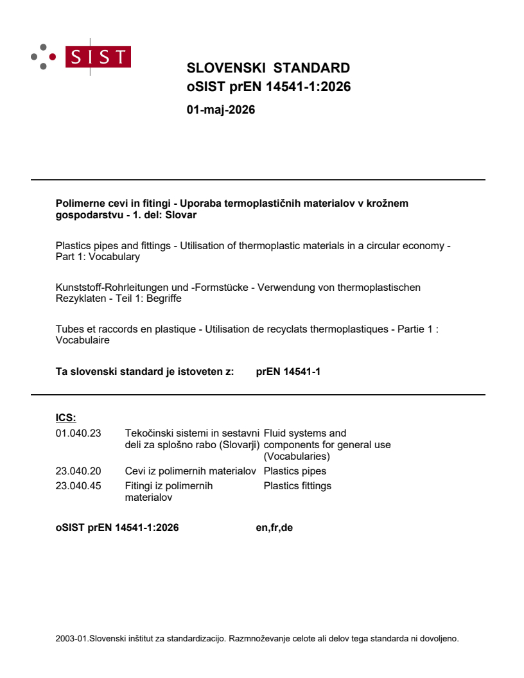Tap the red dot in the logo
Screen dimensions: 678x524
coord(52,57)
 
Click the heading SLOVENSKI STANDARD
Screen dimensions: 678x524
coord(268,68)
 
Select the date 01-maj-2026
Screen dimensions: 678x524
coord(220,110)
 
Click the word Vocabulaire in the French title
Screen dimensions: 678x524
coord(83,340)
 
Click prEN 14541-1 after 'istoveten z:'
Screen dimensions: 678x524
coord(288,370)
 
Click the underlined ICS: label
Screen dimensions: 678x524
coord(65,418)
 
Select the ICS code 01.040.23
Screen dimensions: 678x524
coord(78,433)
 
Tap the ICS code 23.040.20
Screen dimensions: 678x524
coord(78,471)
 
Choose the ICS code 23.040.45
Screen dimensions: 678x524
coord(78,486)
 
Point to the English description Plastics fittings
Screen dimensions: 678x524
coord(297,486)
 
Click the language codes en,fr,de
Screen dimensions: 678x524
coord(274,528)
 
